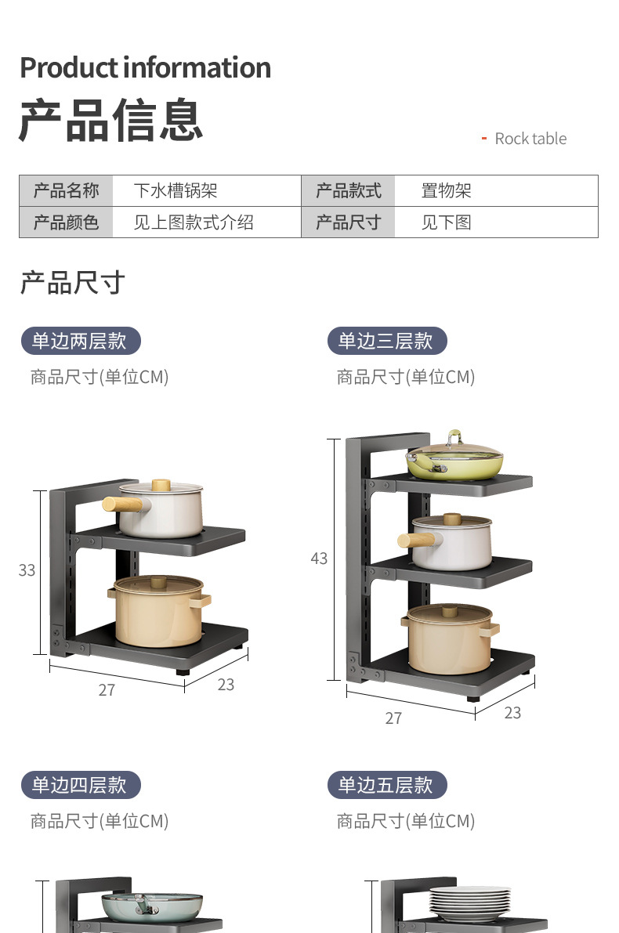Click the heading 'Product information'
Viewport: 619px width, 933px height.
(x=145, y=67)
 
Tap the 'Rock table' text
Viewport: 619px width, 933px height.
(x=530, y=139)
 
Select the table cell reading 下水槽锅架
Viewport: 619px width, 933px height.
(x=175, y=190)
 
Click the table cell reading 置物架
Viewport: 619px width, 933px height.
(x=446, y=190)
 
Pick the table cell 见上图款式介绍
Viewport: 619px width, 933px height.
(x=193, y=222)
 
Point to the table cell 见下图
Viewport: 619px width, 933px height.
(x=446, y=222)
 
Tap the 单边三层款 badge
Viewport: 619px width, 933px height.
(x=386, y=341)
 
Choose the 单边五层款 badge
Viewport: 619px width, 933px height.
(x=386, y=785)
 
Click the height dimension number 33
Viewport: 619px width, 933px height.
(x=27, y=570)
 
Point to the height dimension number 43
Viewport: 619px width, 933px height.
(x=319, y=559)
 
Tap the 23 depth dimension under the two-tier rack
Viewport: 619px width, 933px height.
(x=226, y=685)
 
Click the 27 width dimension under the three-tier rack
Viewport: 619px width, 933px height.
(x=393, y=718)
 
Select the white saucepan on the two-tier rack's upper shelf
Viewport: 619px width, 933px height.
(x=161, y=509)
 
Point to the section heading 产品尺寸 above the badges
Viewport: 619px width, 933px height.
(x=72, y=283)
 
